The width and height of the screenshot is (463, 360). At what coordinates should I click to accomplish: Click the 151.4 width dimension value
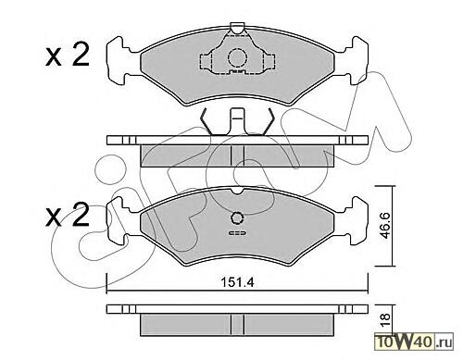click(x=237, y=282)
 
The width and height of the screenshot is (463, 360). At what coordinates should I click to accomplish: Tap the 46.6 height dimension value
click(x=384, y=226)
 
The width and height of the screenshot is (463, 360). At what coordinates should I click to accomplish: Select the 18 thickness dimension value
click(x=385, y=321)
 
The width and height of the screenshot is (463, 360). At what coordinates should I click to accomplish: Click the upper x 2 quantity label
click(x=68, y=55)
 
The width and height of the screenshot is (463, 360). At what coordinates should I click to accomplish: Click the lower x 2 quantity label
click(x=68, y=215)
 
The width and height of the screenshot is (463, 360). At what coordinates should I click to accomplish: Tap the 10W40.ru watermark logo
click(x=414, y=342)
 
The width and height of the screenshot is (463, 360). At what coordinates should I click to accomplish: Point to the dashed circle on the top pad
click(x=237, y=58)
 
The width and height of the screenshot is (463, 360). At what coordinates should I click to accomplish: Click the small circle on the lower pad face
click(x=237, y=218)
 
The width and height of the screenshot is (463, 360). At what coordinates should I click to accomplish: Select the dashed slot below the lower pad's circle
click(x=237, y=233)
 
